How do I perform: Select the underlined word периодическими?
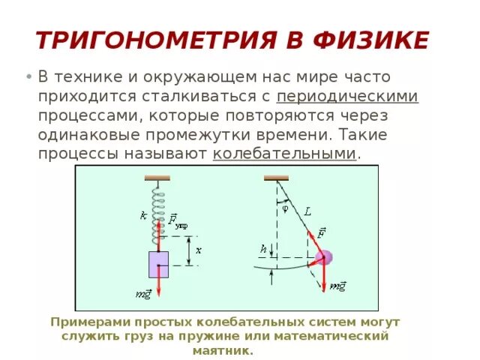(347, 97)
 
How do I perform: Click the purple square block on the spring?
(158, 264)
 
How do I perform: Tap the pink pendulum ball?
(323, 258)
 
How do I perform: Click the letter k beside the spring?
(143, 215)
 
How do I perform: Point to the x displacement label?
(198, 249)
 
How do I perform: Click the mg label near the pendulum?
(338, 286)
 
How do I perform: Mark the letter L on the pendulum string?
(307, 212)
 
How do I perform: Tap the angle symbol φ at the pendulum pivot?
(285, 209)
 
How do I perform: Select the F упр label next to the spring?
(177, 220)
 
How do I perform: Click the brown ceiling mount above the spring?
(158, 178)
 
